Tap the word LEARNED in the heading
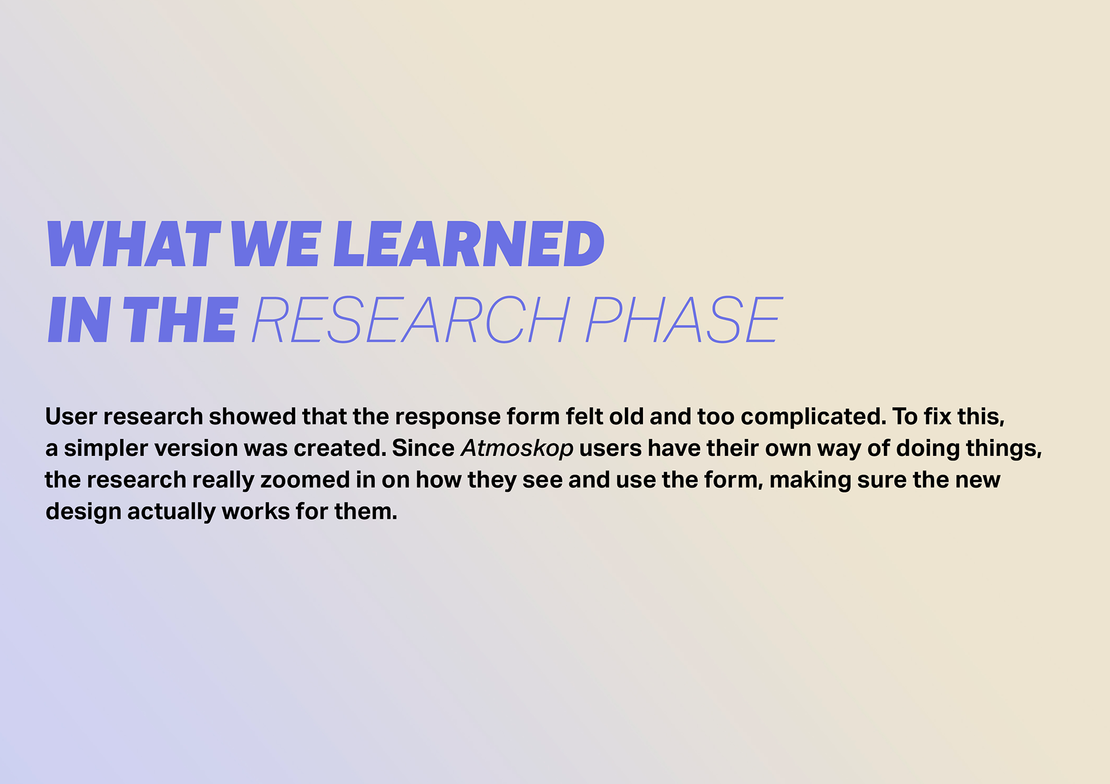(469, 244)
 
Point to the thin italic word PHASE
(684, 319)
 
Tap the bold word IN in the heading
(79, 319)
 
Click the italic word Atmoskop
(517, 448)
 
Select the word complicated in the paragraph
(813, 417)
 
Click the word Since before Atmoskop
(423, 448)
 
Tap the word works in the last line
(256, 512)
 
